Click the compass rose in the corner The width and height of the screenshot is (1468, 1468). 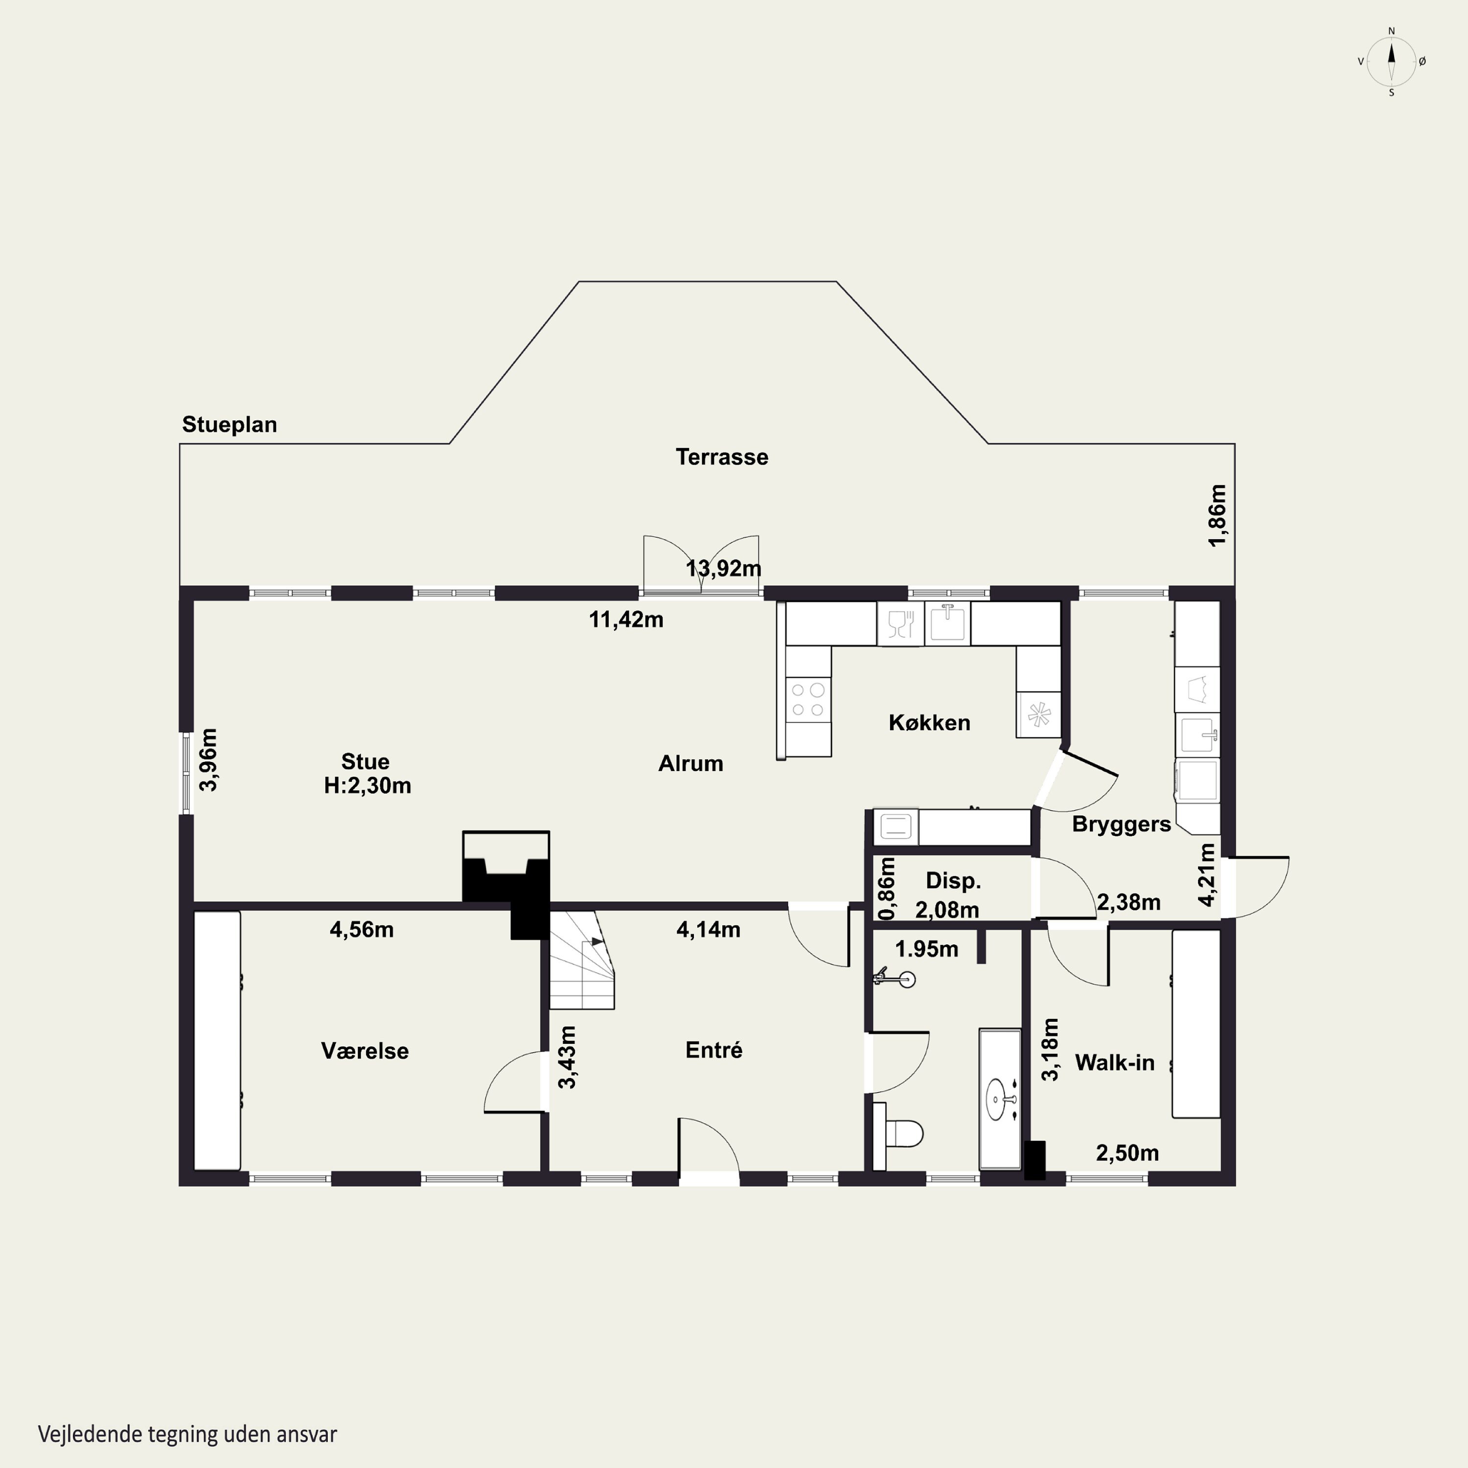pos(1391,62)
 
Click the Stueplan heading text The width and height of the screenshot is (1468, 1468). pos(229,425)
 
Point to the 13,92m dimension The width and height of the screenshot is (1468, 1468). pos(723,568)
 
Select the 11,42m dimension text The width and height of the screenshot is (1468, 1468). pos(626,619)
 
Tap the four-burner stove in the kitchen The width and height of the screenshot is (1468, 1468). pos(808,700)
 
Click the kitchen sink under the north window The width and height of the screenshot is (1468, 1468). pos(947,623)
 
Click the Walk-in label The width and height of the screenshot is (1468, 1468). pos(1115,1062)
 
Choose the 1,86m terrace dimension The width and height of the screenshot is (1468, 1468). pos(1217,515)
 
